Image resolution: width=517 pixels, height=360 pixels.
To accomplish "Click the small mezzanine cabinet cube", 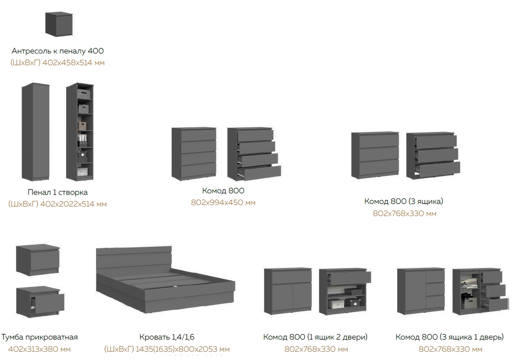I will tap(58, 24).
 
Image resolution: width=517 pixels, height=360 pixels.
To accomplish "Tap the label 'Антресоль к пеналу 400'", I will tap(58, 51).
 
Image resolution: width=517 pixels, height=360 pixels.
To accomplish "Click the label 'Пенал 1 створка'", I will tap(58, 192).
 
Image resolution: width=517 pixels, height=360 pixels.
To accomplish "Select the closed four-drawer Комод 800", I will tap(194, 153).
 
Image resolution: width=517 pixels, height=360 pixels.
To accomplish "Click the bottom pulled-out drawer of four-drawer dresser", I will tap(260, 172).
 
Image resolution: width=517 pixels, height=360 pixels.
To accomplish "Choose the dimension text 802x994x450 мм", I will tap(223, 203).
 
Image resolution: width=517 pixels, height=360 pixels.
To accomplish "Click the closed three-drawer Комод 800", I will tap(375, 155).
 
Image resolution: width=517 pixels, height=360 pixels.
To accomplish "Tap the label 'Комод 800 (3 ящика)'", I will tap(404, 201).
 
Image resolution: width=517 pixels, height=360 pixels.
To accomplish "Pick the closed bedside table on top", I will tap(38, 260).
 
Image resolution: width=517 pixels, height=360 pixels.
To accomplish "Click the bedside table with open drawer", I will tap(38, 301).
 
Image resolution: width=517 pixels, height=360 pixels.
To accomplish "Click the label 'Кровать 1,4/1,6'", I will tap(167, 337).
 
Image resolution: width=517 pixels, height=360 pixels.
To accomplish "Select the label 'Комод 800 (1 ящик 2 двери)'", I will tap(315, 337).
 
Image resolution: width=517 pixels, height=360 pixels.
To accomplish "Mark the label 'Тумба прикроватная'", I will tap(39, 337).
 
